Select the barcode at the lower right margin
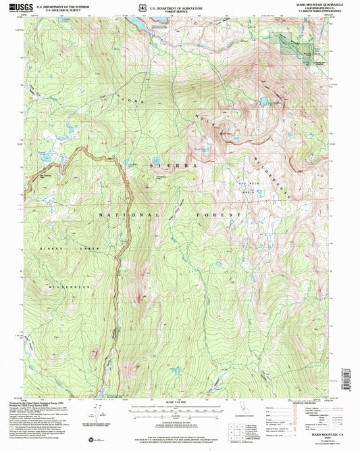pos(349,379)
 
